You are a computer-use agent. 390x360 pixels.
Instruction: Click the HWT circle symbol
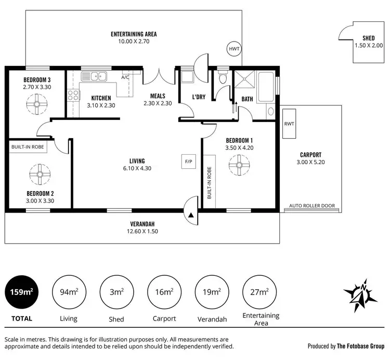point(233,49)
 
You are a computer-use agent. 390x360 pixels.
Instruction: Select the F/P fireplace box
point(188,162)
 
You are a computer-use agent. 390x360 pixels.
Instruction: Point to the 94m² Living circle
point(69,292)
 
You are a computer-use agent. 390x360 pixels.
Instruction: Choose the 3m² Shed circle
point(116,292)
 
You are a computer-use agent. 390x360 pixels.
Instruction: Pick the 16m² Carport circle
point(164,292)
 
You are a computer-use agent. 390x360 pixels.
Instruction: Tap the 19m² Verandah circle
point(211,292)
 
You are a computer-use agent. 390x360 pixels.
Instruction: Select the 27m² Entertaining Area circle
point(259,292)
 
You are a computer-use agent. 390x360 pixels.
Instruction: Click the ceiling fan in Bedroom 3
point(37,104)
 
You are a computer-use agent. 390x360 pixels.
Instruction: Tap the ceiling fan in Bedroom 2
point(38,175)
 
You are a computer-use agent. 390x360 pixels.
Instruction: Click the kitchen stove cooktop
point(73,96)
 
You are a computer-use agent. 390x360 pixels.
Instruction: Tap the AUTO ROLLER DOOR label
point(312,206)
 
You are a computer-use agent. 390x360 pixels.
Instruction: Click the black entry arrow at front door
point(191,215)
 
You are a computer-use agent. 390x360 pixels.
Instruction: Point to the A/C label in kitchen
point(125,77)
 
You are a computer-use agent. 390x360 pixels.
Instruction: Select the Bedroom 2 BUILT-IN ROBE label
point(28,147)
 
